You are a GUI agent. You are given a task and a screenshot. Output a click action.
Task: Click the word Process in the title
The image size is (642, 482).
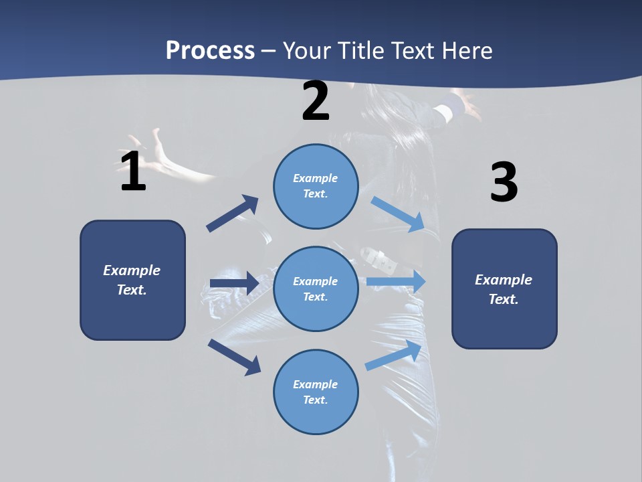tap(210, 50)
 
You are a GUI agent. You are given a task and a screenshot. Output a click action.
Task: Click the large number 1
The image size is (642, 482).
tap(133, 172)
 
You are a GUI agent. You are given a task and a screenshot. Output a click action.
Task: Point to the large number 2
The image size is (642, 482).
tap(316, 101)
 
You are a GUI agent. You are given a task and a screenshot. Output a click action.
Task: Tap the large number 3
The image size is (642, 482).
tap(504, 183)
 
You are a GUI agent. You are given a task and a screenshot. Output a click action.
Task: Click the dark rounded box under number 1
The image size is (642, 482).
tap(132, 280)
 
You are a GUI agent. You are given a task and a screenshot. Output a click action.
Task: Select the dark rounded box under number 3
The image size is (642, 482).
tap(504, 289)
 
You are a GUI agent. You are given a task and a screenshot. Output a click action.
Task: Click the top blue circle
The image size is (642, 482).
tap(316, 186)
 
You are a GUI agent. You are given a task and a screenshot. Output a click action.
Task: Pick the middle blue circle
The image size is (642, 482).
tap(316, 289)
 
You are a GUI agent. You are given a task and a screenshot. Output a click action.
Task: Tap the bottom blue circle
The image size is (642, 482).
tap(316, 392)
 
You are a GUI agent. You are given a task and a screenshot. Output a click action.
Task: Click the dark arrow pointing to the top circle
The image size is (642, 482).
tap(233, 214)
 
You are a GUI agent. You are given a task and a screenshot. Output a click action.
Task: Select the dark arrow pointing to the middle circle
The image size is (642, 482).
tap(234, 283)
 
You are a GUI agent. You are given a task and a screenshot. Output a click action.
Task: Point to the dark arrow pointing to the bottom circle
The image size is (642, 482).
tap(235, 357)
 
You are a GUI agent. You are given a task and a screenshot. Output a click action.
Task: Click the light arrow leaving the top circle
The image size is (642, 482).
tap(397, 214)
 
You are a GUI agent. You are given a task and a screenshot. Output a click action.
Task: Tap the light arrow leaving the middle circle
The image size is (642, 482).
tap(396, 282)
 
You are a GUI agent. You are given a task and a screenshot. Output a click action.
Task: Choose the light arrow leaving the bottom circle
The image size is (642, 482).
tap(394, 355)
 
